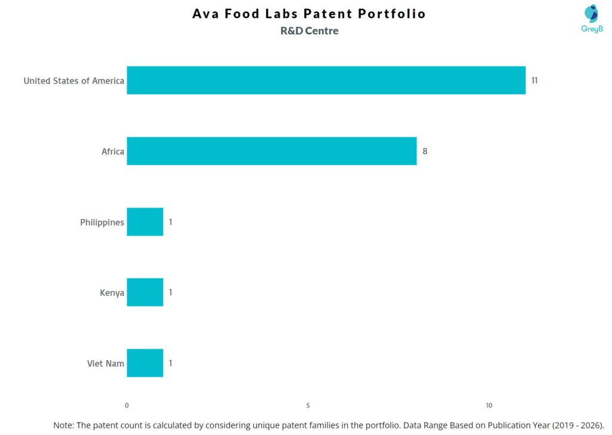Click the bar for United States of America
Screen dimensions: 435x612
click(x=326, y=80)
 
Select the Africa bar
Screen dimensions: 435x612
click(x=271, y=151)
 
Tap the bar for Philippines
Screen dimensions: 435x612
click(x=145, y=222)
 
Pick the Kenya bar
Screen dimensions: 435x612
click(x=145, y=293)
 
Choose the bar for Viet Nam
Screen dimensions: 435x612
click(x=145, y=363)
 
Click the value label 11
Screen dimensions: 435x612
click(x=534, y=80)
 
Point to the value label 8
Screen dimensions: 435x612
click(x=425, y=151)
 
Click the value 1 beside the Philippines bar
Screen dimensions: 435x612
click(x=170, y=222)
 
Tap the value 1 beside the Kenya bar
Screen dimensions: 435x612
click(x=170, y=293)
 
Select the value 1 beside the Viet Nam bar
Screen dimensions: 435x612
click(x=170, y=363)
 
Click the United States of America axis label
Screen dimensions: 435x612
click(x=74, y=81)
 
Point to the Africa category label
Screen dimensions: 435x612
click(x=112, y=151)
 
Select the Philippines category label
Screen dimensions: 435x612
click(x=102, y=223)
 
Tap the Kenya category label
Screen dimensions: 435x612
click(x=112, y=293)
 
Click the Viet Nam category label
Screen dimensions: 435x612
click(x=105, y=364)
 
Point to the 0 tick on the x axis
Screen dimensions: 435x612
click(x=127, y=406)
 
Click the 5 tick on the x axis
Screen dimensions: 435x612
click(x=308, y=406)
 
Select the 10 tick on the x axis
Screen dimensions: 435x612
click(x=489, y=406)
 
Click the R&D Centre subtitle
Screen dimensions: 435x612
click(x=309, y=31)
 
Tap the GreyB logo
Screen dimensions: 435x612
click(x=592, y=19)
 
